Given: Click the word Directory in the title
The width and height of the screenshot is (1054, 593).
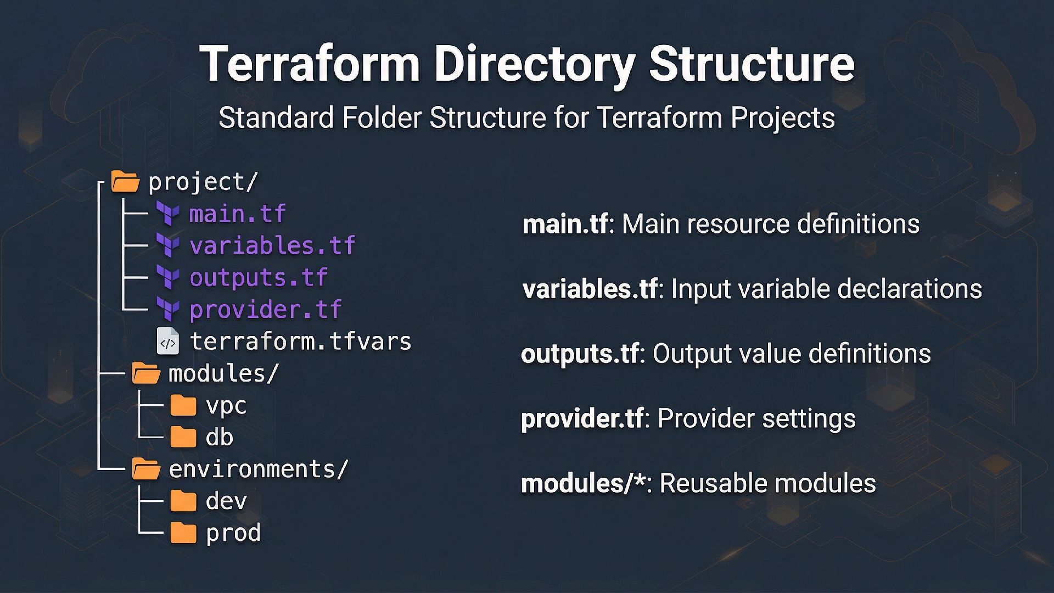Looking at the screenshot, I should click(535, 64).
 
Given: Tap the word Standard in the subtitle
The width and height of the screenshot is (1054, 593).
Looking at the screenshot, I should click(276, 118).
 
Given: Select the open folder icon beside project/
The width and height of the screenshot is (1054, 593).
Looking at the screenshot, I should click(125, 182).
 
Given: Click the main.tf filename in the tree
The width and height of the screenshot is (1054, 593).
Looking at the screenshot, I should click(237, 214).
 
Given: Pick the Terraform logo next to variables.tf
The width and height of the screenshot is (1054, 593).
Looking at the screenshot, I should click(168, 245).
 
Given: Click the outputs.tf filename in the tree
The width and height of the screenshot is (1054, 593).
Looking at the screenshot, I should click(259, 277).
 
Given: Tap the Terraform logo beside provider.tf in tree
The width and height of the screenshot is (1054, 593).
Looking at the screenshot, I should click(168, 309).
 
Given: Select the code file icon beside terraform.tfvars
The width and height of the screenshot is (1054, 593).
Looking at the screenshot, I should click(168, 342).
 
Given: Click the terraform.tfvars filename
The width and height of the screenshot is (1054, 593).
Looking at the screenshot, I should click(300, 342).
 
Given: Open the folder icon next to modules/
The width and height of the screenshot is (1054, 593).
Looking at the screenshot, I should click(146, 373).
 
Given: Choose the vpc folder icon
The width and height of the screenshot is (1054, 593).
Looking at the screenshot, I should click(183, 406).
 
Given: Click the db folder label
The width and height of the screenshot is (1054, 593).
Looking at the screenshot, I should click(219, 438).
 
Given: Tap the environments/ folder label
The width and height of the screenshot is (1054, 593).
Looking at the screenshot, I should click(258, 469).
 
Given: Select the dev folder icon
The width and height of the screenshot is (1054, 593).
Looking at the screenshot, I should click(183, 501).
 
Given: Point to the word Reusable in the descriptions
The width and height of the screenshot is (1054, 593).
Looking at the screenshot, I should click(709, 483).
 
